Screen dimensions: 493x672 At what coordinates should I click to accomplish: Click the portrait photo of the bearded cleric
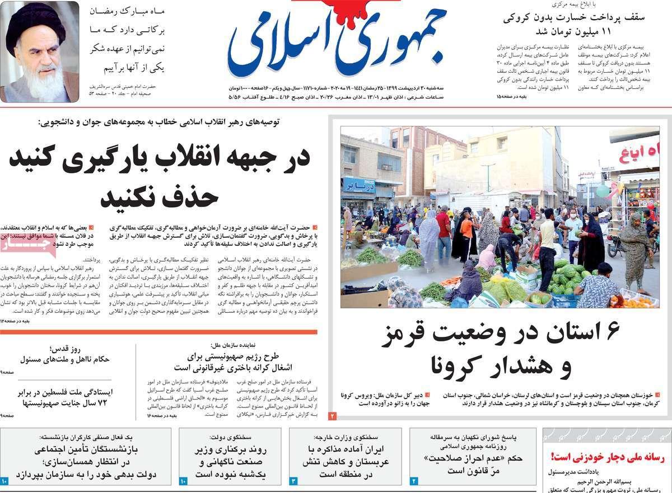tap(40, 52)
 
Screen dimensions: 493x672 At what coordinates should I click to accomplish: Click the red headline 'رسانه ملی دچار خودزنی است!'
tap(607, 457)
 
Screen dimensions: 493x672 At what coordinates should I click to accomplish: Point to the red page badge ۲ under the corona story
tap(332, 416)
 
